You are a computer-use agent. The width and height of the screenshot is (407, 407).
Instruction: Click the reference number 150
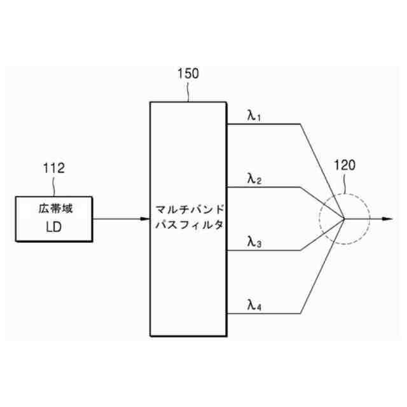(188, 73)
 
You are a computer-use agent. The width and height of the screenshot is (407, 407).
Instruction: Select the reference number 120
(345, 167)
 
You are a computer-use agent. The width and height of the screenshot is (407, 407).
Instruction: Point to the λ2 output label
(254, 179)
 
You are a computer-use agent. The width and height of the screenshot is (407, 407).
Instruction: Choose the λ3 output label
(254, 242)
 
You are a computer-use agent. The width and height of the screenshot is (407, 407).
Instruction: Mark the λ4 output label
(254, 305)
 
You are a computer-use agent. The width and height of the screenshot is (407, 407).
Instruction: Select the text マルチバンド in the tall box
(188, 209)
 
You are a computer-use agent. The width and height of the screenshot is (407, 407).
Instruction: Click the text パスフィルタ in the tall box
(188, 226)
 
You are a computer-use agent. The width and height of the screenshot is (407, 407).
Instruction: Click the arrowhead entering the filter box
(145, 219)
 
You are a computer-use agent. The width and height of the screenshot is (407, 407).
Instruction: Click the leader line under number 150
(189, 92)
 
